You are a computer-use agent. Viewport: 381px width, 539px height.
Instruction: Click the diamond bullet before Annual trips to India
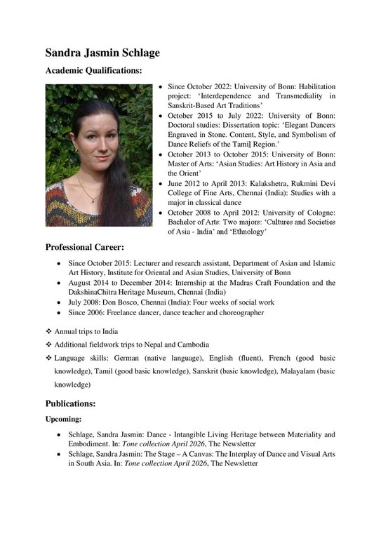[x=49, y=331]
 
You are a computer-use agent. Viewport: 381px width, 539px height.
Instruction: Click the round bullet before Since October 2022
[x=162, y=86]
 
